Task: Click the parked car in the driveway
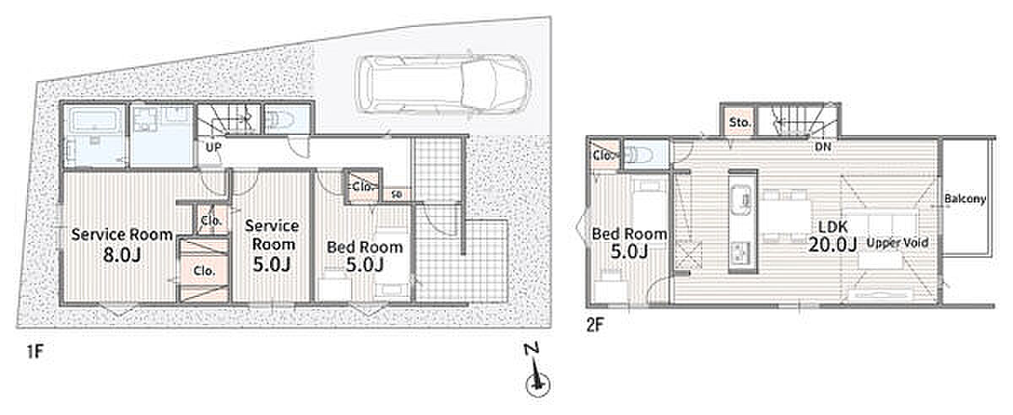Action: (x=441, y=84)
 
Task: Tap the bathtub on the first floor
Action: (x=95, y=121)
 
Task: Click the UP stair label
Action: (x=213, y=148)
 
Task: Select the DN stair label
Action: (x=822, y=147)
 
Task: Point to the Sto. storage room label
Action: (x=739, y=122)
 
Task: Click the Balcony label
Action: (x=965, y=198)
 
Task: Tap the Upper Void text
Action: (x=897, y=243)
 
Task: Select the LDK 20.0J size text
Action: (x=833, y=235)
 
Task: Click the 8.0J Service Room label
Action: (x=122, y=245)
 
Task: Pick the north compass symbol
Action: (x=537, y=375)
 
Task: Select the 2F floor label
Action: (x=595, y=325)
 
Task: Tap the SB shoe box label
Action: (x=397, y=195)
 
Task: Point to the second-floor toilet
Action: (x=639, y=155)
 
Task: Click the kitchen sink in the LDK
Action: (x=742, y=199)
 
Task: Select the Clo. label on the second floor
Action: (x=604, y=155)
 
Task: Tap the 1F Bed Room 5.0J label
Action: (x=365, y=256)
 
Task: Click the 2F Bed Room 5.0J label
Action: (x=630, y=243)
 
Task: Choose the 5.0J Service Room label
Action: (x=272, y=245)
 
